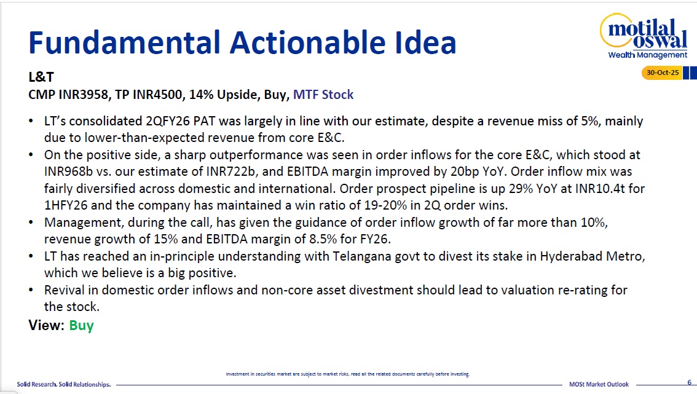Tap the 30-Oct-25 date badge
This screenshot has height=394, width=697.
click(662, 73)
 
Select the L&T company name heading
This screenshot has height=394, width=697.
click(41, 77)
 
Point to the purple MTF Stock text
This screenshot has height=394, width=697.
click(323, 95)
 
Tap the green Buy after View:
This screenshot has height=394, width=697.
click(81, 326)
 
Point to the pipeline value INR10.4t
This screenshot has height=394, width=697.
click(600, 189)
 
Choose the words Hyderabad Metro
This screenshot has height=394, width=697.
click(592, 256)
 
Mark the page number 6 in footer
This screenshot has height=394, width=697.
click(690, 382)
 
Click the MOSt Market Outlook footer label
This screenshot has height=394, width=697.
click(599, 384)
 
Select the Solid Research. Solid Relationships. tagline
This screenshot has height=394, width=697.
click(63, 384)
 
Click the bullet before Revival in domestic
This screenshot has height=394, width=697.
click(31, 290)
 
